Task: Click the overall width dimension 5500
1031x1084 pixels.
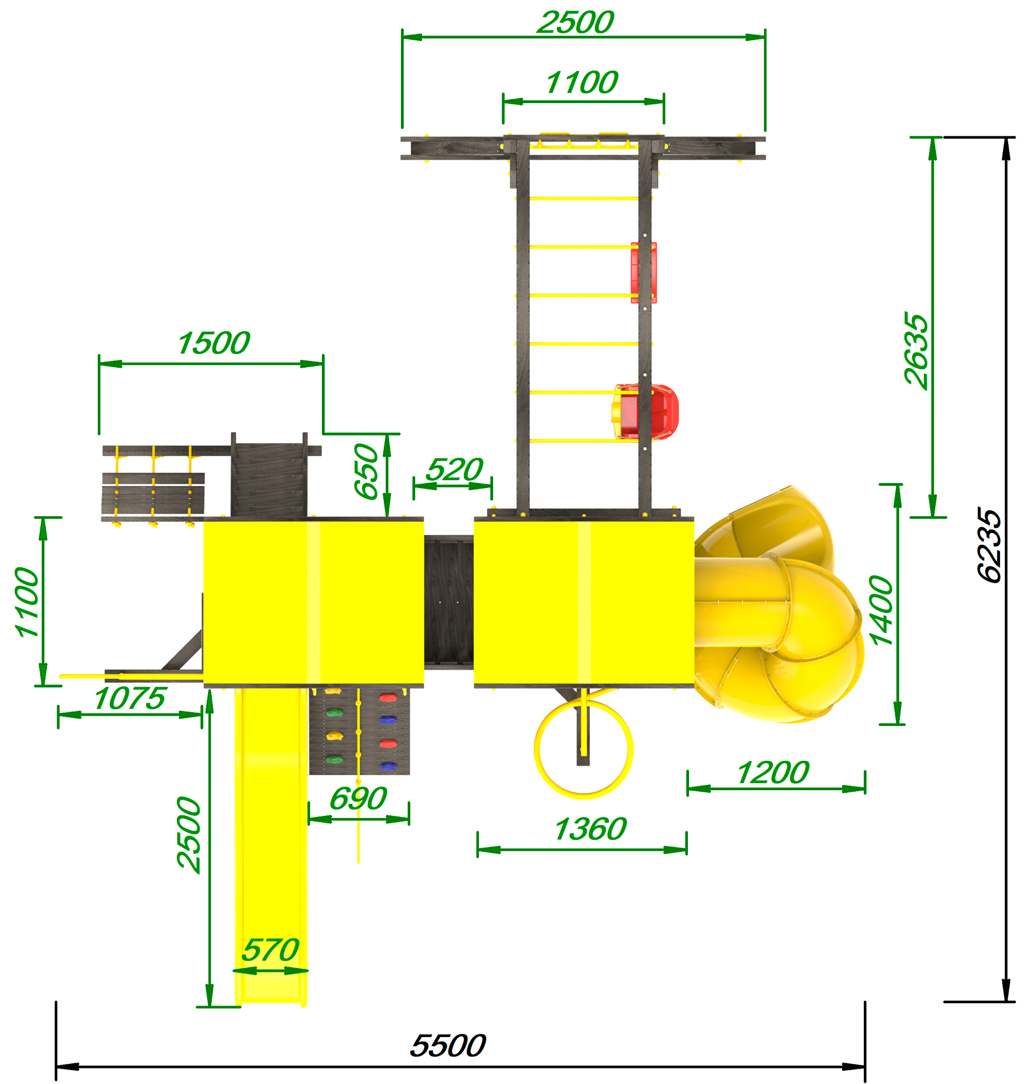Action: pyautogui.click(x=448, y=1046)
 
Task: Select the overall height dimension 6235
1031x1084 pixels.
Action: pyautogui.click(x=989, y=545)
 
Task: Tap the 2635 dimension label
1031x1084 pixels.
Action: pyautogui.click(x=916, y=351)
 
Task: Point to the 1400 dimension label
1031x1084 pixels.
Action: pyautogui.click(x=881, y=611)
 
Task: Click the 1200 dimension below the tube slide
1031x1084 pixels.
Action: pyautogui.click(x=773, y=773)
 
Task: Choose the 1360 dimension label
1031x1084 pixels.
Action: pyautogui.click(x=591, y=829)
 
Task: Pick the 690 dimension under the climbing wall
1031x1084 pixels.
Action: pyautogui.click(x=359, y=798)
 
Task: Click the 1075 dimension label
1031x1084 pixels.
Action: pyautogui.click(x=129, y=698)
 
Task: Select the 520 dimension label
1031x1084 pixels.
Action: pyautogui.click(x=455, y=470)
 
